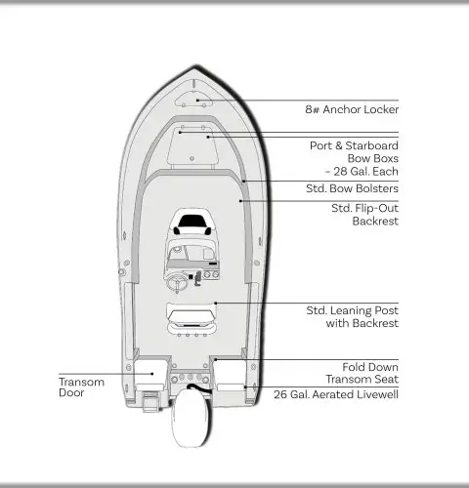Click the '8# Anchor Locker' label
click(x=352, y=109)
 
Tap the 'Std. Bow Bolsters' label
click(x=352, y=188)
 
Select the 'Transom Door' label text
click(x=81, y=387)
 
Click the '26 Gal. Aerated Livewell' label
click(x=336, y=394)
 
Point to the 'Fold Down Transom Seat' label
click(x=362, y=373)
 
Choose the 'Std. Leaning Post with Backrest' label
click(x=353, y=317)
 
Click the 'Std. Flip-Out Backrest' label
click(x=365, y=215)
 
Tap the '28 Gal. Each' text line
click(x=362, y=172)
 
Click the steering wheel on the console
click(x=177, y=282)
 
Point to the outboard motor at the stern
click(x=191, y=417)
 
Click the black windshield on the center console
click(x=192, y=222)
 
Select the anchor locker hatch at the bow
click(x=193, y=100)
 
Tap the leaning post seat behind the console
click(x=192, y=319)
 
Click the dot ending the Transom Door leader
click(x=152, y=374)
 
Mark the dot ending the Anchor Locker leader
click(x=197, y=101)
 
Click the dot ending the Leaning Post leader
click(x=215, y=304)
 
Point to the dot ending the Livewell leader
click(x=245, y=387)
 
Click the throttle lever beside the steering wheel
click(x=197, y=278)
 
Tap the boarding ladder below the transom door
click(x=150, y=401)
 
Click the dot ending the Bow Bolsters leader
click(x=243, y=181)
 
